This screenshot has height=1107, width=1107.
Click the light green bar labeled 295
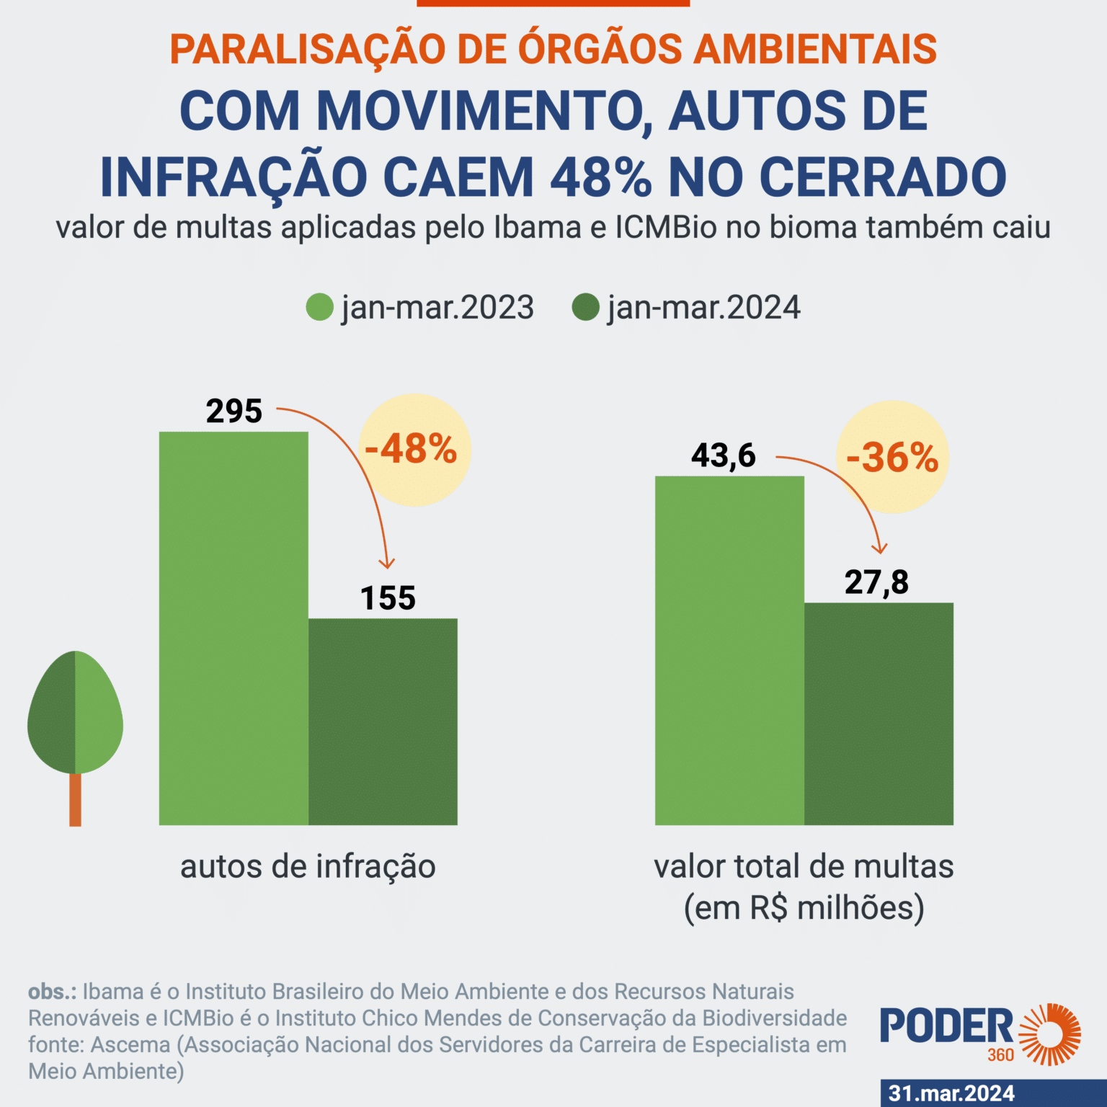tap(234, 628)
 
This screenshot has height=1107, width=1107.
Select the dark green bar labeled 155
tap(383, 721)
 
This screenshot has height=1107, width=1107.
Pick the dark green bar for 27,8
tap(879, 713)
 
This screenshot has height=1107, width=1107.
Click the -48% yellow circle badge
tap(414, 450)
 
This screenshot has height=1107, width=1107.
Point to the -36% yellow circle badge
tap(892, 457)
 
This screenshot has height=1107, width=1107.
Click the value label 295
tap(234, 412)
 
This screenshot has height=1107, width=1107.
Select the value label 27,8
tap(876, 582)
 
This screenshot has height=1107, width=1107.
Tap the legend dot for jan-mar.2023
tap(319, 308)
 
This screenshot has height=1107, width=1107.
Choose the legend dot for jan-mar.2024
tap(585, 308)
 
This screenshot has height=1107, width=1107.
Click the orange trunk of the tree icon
tap(75, 800)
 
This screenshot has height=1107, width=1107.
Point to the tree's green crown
tap(75, 713)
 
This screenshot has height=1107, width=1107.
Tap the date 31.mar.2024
tap(951, 1093)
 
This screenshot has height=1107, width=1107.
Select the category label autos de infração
tap(308, 866)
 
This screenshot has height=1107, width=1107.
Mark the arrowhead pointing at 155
tap(387, 564)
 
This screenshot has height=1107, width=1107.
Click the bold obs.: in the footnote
tap(52, 992)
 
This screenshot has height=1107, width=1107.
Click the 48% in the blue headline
tap(601, 177)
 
